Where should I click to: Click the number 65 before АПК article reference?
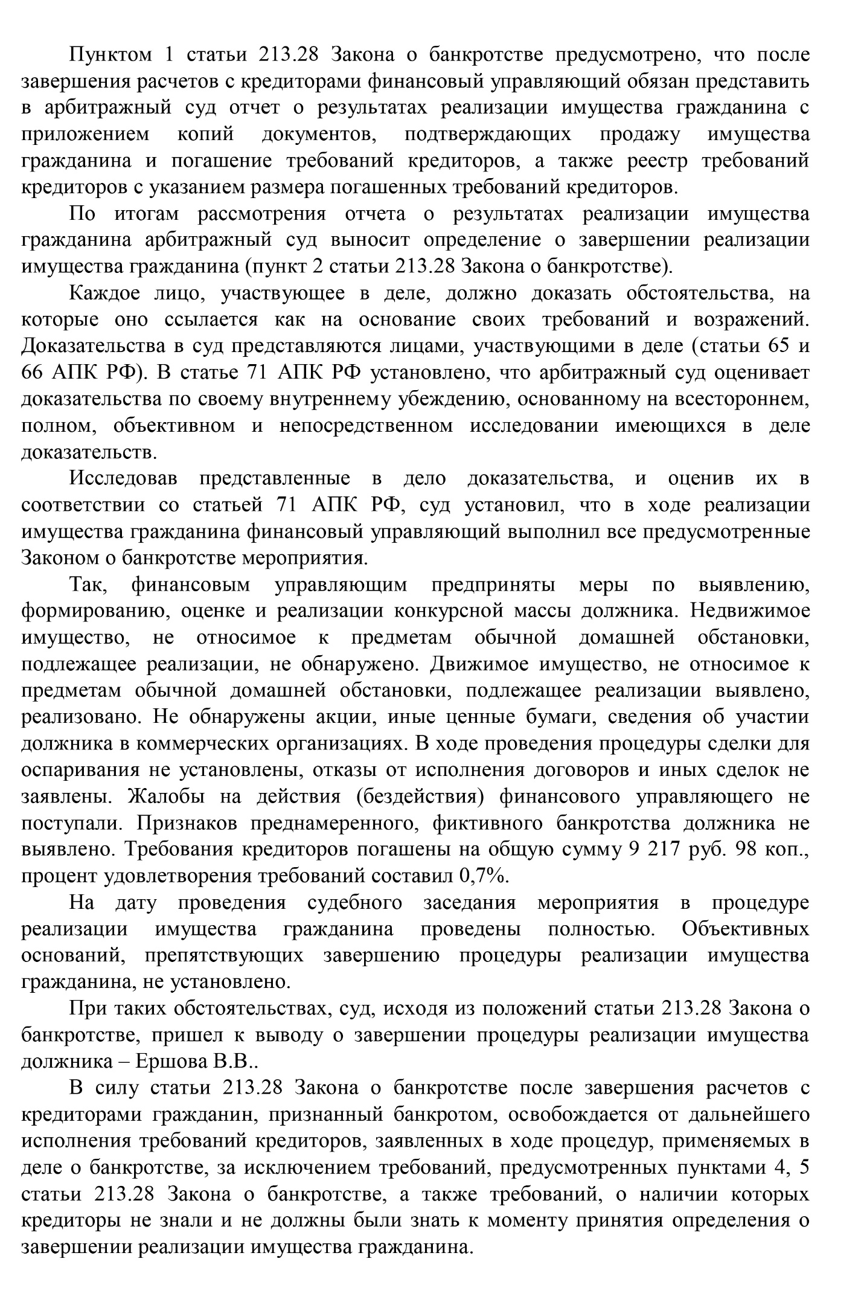(778, 347)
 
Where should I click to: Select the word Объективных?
(745, 929)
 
